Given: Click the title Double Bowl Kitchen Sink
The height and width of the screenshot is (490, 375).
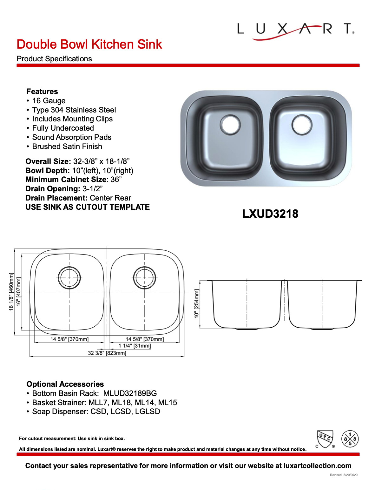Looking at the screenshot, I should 89,44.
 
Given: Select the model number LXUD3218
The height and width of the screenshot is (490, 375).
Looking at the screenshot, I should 270,214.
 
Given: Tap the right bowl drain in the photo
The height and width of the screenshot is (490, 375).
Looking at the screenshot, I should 302,125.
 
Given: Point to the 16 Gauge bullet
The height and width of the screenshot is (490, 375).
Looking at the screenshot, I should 49,101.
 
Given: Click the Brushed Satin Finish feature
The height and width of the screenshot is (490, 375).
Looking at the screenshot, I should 67,146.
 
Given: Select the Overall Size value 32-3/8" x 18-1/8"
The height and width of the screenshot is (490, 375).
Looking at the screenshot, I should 101,161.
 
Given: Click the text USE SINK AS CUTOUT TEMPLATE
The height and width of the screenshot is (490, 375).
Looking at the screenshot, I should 88,207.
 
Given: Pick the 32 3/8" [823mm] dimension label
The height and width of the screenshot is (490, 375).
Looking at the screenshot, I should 107,353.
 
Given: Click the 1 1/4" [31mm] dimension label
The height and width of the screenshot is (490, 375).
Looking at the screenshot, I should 135,346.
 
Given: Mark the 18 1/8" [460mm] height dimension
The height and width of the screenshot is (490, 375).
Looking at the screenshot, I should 11,291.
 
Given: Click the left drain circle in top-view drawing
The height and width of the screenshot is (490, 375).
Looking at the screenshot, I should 69,278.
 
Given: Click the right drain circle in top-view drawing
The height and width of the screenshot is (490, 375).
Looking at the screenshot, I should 144,278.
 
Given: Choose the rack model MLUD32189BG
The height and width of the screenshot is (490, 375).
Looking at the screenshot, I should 130,393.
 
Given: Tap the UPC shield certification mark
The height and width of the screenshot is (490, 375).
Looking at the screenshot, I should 325,439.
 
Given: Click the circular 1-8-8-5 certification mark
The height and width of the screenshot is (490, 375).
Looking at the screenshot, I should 350,439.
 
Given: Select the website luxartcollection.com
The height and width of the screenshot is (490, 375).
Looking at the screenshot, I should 317,466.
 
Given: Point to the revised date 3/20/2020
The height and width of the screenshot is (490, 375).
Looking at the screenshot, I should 350,475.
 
